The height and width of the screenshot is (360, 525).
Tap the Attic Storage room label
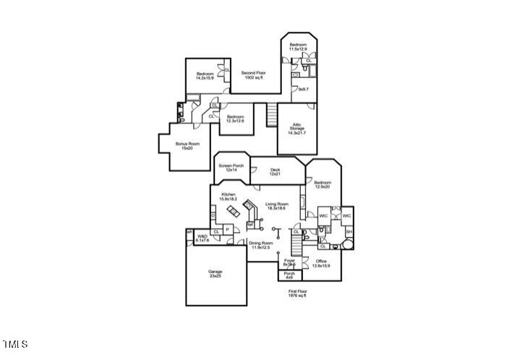click(x=296, y=129)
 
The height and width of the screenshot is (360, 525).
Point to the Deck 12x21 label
click(x=275, y=172)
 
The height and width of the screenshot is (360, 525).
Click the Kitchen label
click(x=229, y=197)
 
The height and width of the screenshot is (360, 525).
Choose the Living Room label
click(x=276, y=206)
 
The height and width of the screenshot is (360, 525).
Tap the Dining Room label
click(x=262, y=245)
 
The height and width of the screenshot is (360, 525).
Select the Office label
click(x=321, y=263)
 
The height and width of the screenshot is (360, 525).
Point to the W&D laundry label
click(x=202, y=238)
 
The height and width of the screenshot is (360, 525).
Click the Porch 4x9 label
click(x=289, y=275)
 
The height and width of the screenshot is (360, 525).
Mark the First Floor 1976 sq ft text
click(x=298, y=293)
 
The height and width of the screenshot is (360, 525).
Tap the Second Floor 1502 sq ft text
click(x=252, y=75)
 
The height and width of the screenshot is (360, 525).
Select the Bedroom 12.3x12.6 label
click(x=235, y=119)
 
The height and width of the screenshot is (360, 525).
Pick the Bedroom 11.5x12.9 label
click(x=299, y=47)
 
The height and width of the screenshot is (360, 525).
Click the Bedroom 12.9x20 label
click(x=322, y=184)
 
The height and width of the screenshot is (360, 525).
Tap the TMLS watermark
click(x=15, y=343)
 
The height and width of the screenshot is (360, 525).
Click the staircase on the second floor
click(x=272, y=114)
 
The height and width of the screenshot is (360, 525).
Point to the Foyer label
click(x=289, y=262)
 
